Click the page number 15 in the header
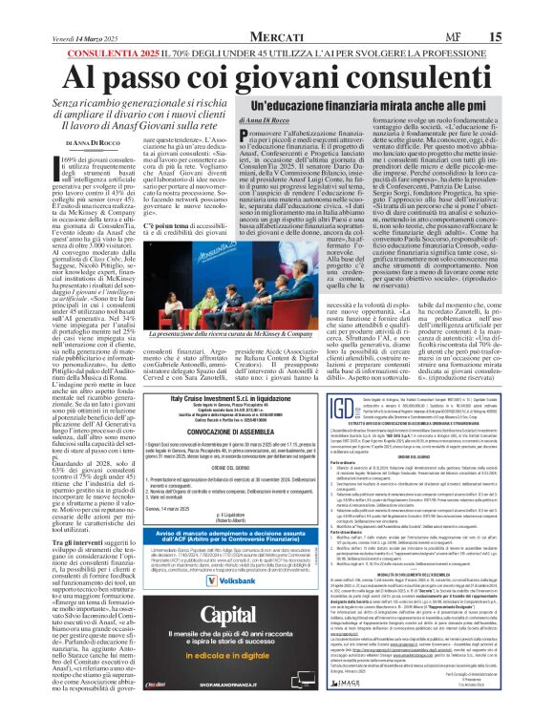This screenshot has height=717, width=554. (x=522, y=10)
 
